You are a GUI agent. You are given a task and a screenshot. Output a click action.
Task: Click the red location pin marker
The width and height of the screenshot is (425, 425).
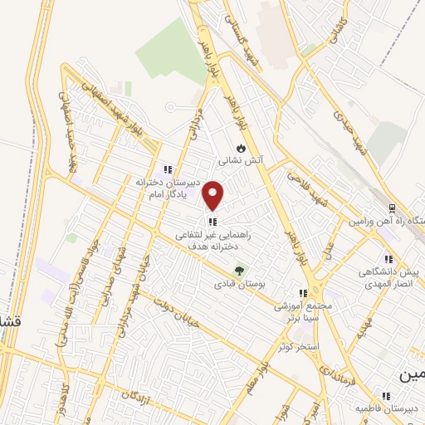click(x=213, y=195)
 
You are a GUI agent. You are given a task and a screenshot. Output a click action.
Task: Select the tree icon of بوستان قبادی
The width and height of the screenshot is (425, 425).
click(x=240, y=270)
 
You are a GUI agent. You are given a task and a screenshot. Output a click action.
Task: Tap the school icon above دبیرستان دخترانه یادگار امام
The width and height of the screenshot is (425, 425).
click(x=168, y=169)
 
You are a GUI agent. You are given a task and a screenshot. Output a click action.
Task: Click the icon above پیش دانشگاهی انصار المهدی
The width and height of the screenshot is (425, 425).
click(x=388, y=258)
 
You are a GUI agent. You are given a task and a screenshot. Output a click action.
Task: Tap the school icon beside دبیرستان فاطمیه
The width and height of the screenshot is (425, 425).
click(x=385, y=396)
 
